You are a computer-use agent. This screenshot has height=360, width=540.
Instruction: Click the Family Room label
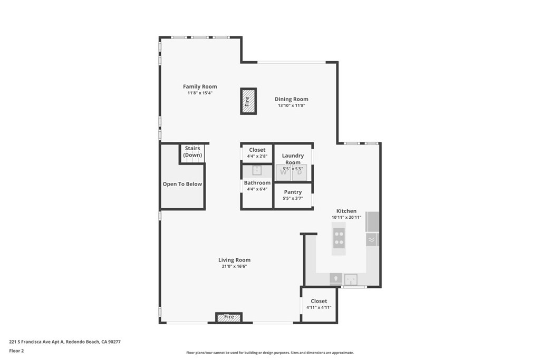pos(200,86)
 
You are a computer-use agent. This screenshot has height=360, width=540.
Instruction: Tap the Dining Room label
pos(291,99)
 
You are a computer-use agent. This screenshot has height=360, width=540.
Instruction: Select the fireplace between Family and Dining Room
pos(248,101)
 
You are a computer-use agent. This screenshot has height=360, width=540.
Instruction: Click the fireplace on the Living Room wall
pos(229,317)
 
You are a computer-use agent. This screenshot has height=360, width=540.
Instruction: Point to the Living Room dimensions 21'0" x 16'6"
pos(234,267)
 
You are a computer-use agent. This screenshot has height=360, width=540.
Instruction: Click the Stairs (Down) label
pos(192,152)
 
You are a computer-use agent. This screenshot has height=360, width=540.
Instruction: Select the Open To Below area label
pos(182,184)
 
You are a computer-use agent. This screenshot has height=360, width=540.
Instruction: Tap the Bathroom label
pos(257,183)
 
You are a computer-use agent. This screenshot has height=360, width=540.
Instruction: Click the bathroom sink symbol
pos(257,170)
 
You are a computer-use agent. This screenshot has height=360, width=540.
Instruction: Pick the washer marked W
pos(284,172)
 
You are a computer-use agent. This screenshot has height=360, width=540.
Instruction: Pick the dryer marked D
pos(299,172)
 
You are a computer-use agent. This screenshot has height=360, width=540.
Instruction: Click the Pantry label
pos(293,192)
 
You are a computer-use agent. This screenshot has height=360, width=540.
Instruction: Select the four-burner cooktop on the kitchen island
pos(339,239)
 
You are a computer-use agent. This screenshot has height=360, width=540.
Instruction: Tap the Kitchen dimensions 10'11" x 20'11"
pos(346,217)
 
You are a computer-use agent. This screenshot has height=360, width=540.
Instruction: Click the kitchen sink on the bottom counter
pos(351,278)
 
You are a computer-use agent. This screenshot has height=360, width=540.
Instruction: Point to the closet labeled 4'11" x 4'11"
pos(319,304)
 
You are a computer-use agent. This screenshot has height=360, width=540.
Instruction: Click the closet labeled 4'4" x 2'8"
pos(257,152)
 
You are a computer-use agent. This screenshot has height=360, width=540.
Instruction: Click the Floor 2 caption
pos(16,351)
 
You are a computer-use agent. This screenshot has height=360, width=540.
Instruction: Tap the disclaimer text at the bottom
pos(269,353)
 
